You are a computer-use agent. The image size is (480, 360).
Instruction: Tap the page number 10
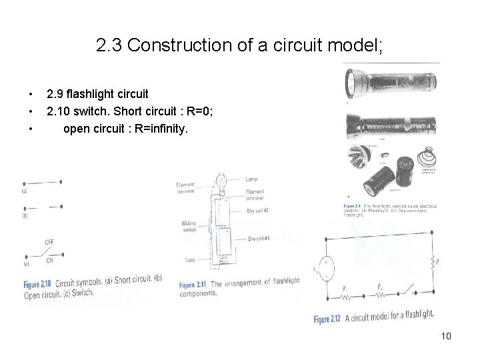coord(446,336)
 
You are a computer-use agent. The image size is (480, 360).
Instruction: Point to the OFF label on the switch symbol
coord(49,241)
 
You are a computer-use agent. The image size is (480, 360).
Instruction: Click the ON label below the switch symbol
coord(49,262)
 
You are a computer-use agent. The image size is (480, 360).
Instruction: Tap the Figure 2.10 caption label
coord(39,281)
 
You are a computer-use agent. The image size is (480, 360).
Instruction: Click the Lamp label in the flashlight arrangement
coord(252,179)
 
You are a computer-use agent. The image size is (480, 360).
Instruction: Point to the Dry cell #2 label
coord(258,211)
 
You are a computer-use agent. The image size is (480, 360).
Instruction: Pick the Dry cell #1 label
coord(259,239)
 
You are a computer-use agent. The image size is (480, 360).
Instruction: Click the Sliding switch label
coord(189,227)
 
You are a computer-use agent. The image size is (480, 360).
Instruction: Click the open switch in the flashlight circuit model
coord(404,291)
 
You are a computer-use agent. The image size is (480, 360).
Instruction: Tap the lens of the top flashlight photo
coord(351,83)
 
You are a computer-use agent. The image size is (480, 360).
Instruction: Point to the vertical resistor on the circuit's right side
coord(434,261)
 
